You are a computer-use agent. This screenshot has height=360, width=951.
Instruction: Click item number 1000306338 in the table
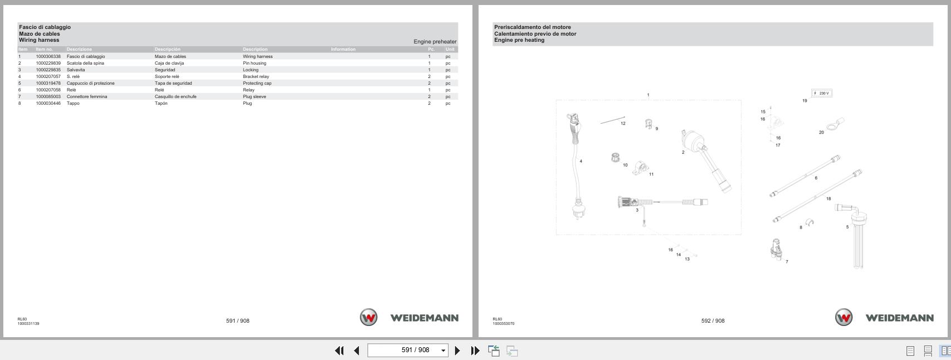[x=48, y=56]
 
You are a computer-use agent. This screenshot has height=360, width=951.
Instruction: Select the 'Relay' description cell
[x=248, y=90]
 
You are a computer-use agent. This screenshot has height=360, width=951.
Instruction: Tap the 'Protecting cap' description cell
[x=257, y=83]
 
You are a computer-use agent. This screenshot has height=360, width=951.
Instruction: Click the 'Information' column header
[x=343, y=49]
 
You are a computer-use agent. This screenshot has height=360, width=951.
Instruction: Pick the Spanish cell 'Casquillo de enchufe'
[x=175, y=96]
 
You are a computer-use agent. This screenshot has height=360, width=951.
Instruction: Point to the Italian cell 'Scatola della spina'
[x=85, y=63]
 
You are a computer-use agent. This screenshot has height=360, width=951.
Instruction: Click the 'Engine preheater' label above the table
[x=435, y=42]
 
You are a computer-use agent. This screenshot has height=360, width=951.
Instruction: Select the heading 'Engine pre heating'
[x=519, y=40]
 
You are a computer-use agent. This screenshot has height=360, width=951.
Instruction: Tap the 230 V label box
[x=822, y=93]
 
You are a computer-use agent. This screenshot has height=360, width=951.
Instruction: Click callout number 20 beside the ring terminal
[x=821, y=133]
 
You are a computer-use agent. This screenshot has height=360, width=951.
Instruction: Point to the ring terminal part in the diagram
[x=835, y=124]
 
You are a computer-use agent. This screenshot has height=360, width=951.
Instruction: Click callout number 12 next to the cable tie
[x=623, y=124]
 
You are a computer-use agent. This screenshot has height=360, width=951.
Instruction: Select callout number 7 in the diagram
[x=787, y=262]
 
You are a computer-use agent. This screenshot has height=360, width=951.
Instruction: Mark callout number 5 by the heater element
[x=847, y=227]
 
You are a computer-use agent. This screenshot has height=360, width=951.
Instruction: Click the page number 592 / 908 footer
[x=713, y=321]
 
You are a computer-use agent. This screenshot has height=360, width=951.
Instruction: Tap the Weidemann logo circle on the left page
[x=368, y=318]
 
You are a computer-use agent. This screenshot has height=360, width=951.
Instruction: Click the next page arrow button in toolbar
[x=457, y=351]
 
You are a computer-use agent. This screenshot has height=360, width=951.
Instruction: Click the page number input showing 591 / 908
[x=408, y=351]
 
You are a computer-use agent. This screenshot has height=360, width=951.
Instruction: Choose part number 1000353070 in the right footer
[x=503, y=324]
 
